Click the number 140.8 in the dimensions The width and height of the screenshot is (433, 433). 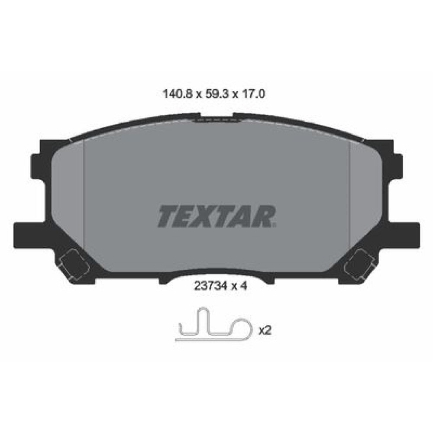(x=178, y=94)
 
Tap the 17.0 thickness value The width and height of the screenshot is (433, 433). (x=253, y=94)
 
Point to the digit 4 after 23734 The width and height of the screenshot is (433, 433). (x=243, y=286)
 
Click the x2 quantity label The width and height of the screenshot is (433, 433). (x=265, y=330)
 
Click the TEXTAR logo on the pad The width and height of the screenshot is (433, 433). (x=217, y=216)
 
